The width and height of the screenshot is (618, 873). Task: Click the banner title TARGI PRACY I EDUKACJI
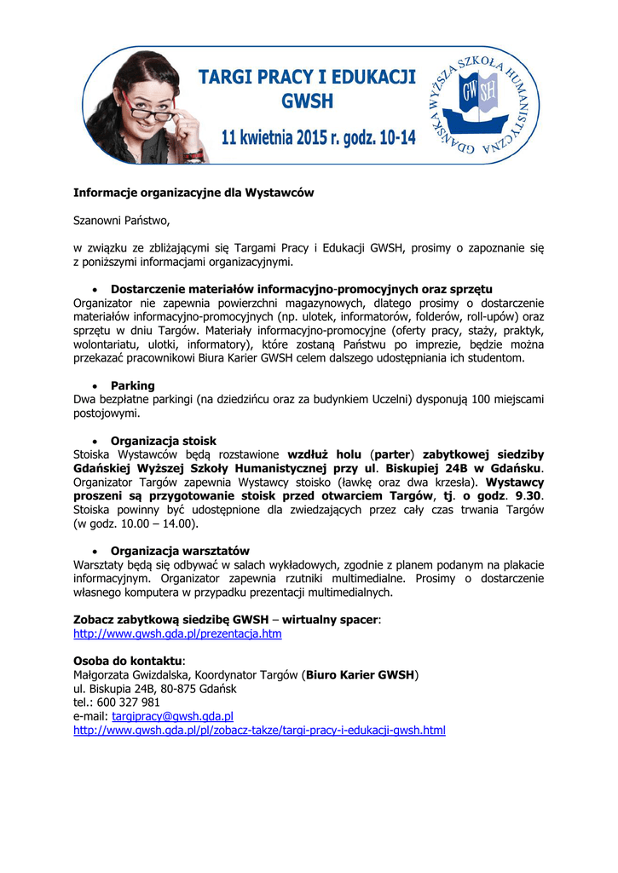tap(307, 78)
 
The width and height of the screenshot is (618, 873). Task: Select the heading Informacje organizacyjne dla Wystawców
tap(193, 194)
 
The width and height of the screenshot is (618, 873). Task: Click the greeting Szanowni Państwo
tap(122, 221)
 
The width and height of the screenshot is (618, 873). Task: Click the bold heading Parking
tap(133, 386)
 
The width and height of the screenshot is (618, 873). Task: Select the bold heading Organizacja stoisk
tap(164, 441)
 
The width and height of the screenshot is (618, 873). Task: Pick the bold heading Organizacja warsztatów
tap(180, 551)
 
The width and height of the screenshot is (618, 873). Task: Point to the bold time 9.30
tap(528, 496)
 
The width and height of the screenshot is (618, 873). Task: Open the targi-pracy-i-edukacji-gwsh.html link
tap(259, 730)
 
